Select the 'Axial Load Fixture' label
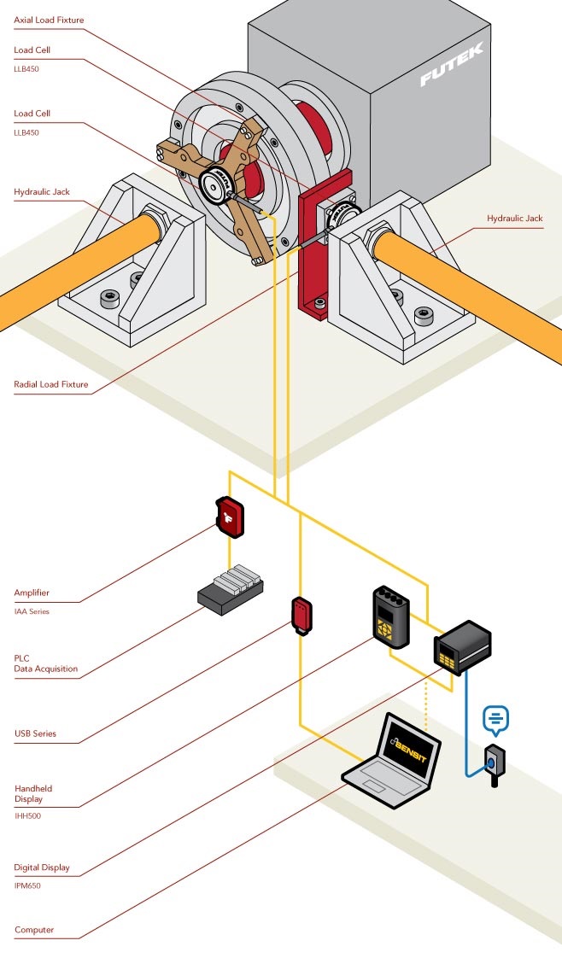pyautogui.click(x=49, y=20)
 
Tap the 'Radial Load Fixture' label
pyautogui.click(x=51, y=384)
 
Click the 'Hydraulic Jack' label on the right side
pyautogui.click(x=514, y=219)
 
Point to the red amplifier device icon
pyautogui.click(x=231, y=517)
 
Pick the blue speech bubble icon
pyautogui.click(x=495, y=719)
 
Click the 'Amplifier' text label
pyautogui.click(x=32, y=593)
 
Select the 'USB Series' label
pyautogui.click(x=35, y=733)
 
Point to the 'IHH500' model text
pyautogui.click(x=27, y=815)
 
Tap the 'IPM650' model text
pyautogui.click(x=27, y=885)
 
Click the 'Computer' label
pyautogui.click(x=34, y=930)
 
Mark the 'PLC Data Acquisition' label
pyautogui.click(x=45, y=663)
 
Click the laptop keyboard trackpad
pyautogui.click(x=373, y=783)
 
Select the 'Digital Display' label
pyautogui.click(x=42, y=867)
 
